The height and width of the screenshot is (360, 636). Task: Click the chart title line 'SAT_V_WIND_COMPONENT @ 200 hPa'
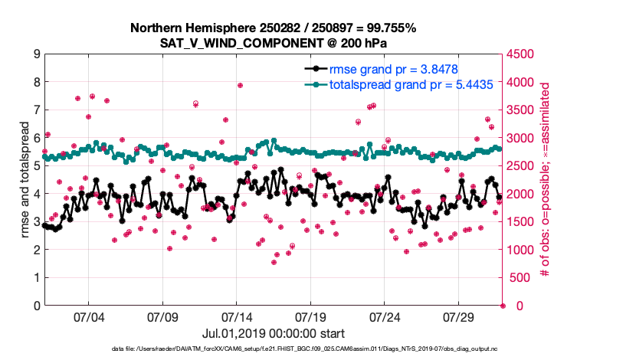coord(274,44)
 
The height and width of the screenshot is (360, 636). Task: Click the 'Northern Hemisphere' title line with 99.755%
coord(274,28)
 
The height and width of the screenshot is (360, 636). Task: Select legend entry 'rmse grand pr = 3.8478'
coord(393,69)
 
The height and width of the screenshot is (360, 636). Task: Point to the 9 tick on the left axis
coord(37,54)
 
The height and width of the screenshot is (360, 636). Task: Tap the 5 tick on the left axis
coord(37,166)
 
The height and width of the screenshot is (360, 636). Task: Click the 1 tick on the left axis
coord(37,278)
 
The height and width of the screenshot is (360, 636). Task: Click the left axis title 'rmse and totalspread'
coord(25,179)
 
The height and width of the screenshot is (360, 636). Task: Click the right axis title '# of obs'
coord(546,180)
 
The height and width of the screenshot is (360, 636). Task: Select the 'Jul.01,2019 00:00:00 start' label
coord(273,333)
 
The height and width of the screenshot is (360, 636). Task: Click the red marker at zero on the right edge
coord(503,306)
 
